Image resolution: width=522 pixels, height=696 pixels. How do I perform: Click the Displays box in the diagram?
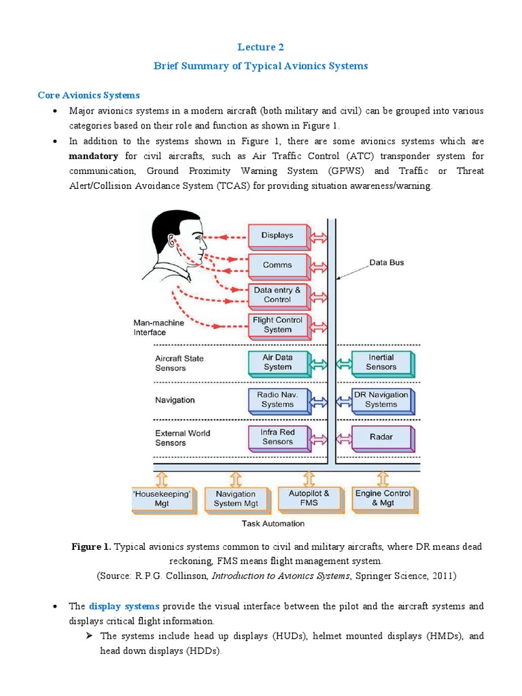click(277, 236)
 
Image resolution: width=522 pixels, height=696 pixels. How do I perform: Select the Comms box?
click(277, 265)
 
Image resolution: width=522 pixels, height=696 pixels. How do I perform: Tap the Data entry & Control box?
click(277, 295)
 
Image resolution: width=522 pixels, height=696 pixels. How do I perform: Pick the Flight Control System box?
click(277, 325)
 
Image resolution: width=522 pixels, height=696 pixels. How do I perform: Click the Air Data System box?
click(277, 362)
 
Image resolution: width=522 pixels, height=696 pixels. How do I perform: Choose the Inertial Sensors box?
click(381, 362)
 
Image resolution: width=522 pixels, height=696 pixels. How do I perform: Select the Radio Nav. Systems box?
click(277, 399)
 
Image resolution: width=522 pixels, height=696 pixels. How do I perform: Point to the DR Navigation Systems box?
click(381, 399)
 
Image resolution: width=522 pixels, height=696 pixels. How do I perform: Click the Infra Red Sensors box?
click(277, 436)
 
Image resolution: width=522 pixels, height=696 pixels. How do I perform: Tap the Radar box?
click(381, 436)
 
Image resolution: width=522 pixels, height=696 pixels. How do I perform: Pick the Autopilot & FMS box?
click(309, 498)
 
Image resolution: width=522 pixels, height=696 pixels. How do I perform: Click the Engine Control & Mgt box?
click(383, 498)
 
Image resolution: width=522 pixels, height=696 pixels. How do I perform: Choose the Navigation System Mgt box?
click(236, 498)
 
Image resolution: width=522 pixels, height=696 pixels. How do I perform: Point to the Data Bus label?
click(387, 262)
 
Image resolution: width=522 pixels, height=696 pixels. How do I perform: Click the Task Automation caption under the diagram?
click(273, 524)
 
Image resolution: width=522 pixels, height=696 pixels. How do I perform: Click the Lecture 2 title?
click(261, 47)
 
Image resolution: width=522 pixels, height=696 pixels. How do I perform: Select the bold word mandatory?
click(94, 156)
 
